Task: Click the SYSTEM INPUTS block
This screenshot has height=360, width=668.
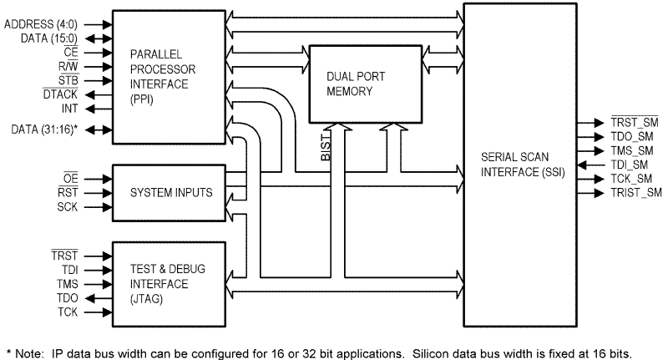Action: [170, 192]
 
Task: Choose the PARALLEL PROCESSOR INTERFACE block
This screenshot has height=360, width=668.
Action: [170, 75]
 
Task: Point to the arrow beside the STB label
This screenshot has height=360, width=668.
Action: [99, 80]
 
